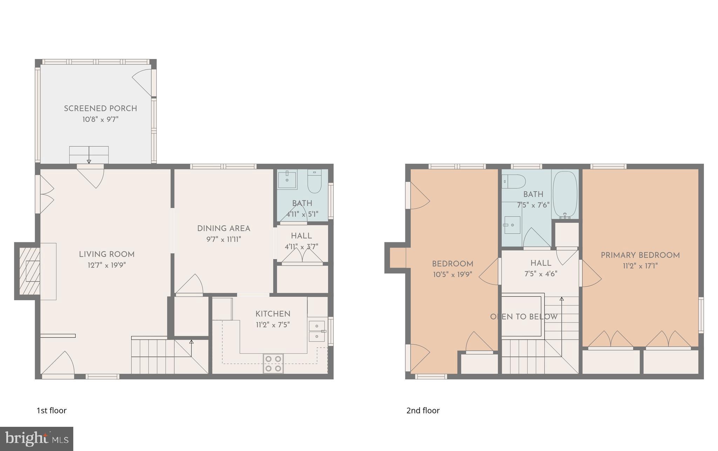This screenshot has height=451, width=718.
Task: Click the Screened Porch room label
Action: (x=100, y=109)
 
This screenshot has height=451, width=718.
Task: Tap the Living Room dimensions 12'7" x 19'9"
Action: (x=107, y=265)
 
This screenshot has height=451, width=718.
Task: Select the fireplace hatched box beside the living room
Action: (x=29, y=271)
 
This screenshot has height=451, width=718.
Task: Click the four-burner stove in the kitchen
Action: (x=273, y=364)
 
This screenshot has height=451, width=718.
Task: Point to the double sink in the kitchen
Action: (x=317, y=331)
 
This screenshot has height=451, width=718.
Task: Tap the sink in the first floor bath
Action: (x=287, y=179)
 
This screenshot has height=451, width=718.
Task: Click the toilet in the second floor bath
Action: (x=514, y=182)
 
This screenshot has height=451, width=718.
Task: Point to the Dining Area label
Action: (x=224, y=229)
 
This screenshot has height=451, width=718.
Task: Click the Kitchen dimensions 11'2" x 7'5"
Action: (x=273, y=325)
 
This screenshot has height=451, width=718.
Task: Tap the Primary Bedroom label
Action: (x=640, y=255)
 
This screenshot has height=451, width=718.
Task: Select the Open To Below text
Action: (x=524, y=317)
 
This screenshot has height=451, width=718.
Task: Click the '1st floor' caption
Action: (x=52, y=410)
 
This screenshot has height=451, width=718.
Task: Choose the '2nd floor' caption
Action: (x=423, y=410)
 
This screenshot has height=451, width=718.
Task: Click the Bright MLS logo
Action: (x=36, y=439)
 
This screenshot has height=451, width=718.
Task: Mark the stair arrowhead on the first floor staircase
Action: (x=191, y=341)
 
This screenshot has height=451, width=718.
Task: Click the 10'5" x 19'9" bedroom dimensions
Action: (x=453, y=275)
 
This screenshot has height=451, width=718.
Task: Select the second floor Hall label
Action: (x=541, y=263)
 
